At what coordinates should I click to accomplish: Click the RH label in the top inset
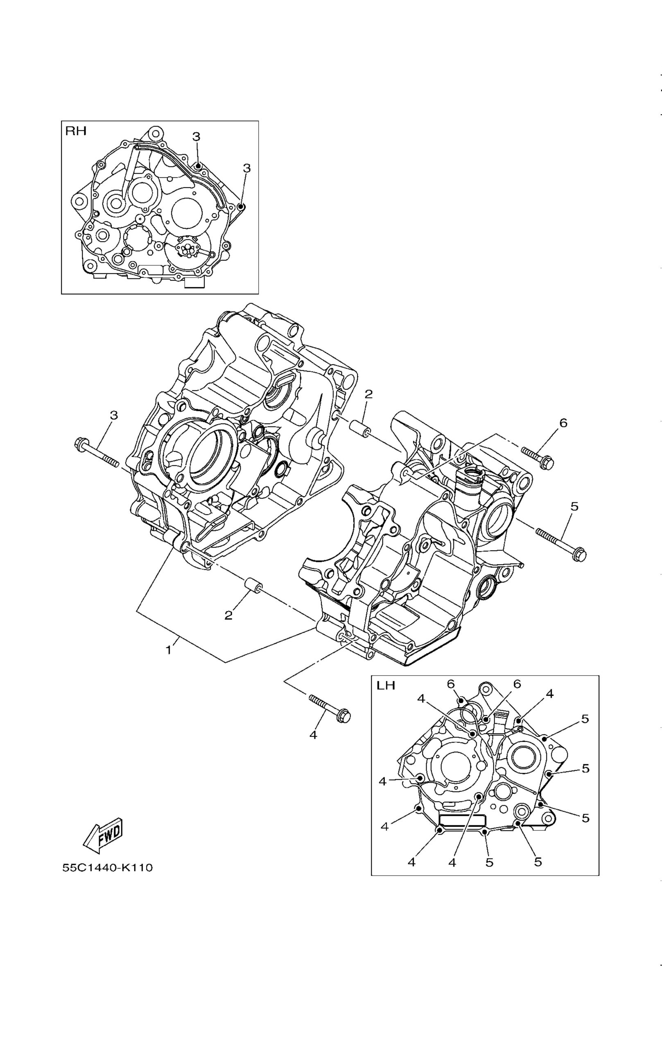(76, 131)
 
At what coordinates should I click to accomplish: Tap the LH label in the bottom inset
(386, 685)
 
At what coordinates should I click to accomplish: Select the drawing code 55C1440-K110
(108, 868)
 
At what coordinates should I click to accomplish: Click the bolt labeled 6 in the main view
(537, 458)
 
